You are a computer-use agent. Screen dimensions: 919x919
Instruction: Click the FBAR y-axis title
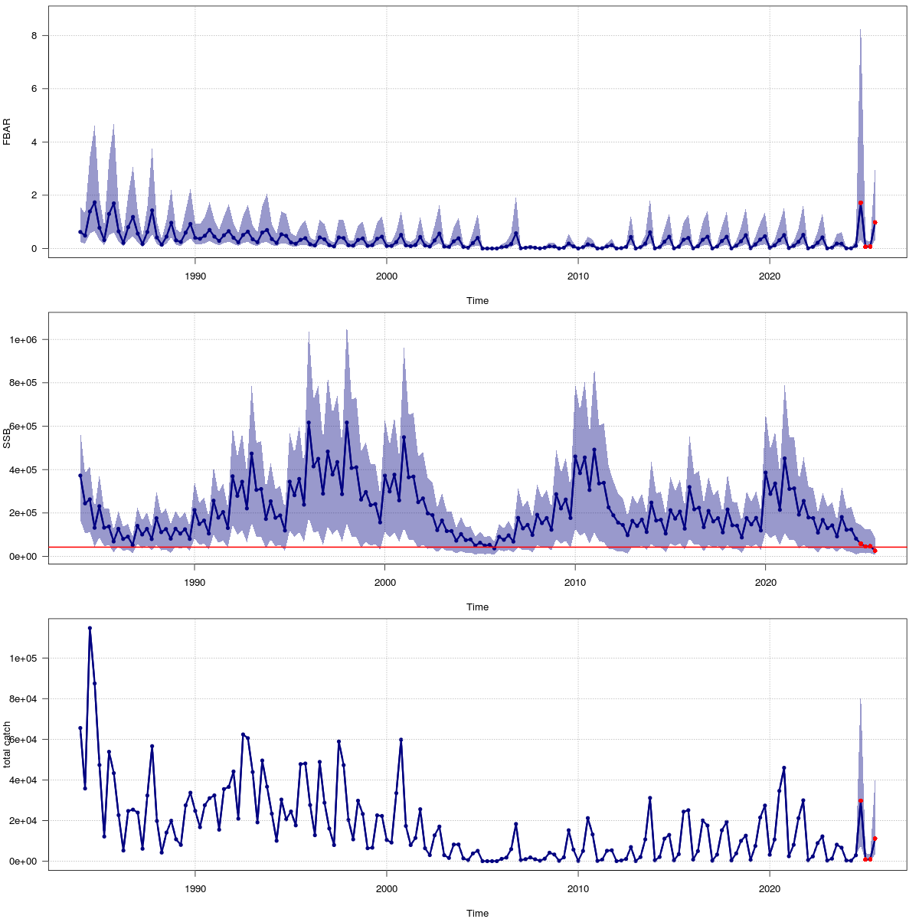(7, 131)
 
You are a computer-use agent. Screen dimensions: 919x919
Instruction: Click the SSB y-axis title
(7, 437)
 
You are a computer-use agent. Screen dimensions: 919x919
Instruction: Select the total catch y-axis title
(7, 744)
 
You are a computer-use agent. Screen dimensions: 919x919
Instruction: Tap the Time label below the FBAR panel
(477, 301)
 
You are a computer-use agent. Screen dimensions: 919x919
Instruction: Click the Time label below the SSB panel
(477, 607)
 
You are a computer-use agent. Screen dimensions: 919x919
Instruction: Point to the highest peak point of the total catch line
(90, 628)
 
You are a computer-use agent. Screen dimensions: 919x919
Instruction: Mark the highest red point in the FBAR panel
(860, 203)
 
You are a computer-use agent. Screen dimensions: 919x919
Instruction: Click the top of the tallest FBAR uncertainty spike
(860, 30)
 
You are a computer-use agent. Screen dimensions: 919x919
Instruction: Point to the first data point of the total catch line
(80, 728)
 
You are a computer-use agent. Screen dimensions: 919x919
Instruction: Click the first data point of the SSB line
(80, 476)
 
